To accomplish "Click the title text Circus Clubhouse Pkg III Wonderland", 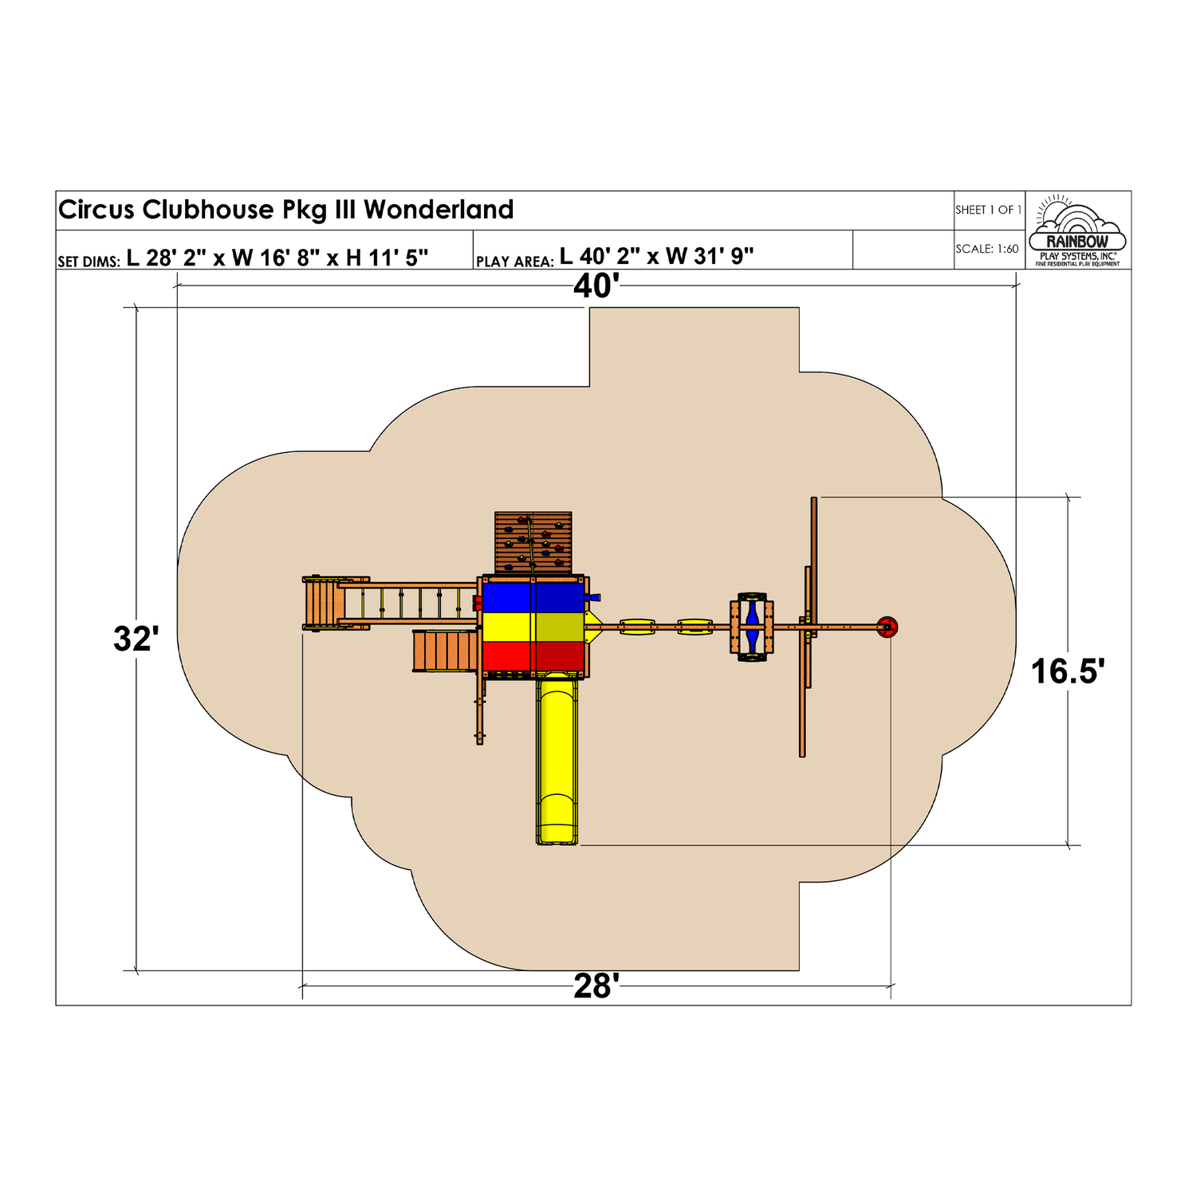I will point(285,210).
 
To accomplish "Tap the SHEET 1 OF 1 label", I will point(988,210).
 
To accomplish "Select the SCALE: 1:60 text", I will point(987,249).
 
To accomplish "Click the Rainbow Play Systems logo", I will point(1077,230).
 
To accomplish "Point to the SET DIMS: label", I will point(89,262).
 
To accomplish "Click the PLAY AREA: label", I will point(514,262).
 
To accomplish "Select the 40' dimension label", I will point(596,286).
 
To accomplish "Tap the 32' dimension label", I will point(136,639).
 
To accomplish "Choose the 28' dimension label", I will point(596,986).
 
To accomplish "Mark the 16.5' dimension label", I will point(1068,671).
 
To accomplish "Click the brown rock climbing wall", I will point(533,542).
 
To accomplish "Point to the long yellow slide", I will point(556,757).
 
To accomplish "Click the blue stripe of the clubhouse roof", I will point(533,598).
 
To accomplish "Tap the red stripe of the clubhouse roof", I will point(533,655).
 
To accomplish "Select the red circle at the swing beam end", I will point(887,628).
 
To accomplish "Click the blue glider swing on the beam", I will point(752,628).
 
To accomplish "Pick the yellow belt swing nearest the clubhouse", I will point(637,628).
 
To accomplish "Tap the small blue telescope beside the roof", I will point(592,597).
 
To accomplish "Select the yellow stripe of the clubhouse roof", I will point(533,627).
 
